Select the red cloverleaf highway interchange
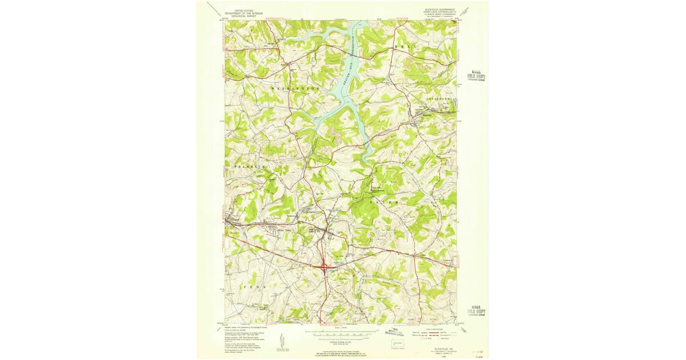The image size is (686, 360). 324,266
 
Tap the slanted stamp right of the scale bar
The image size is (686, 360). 402,332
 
